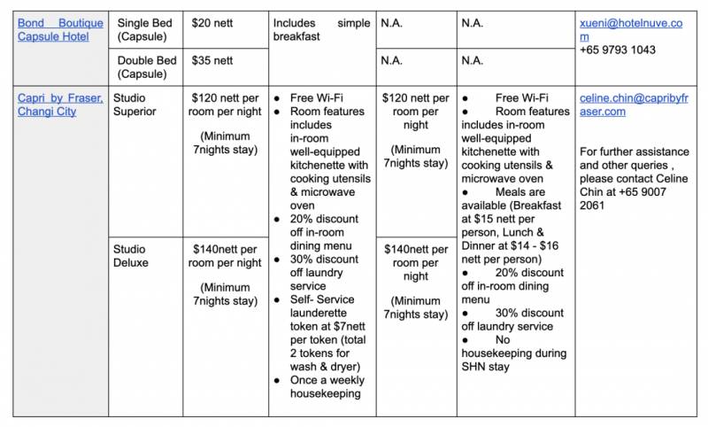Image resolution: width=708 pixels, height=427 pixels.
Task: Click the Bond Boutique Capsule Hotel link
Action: tap(60, 29)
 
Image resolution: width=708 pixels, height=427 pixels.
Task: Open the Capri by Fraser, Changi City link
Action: tap(60, 105)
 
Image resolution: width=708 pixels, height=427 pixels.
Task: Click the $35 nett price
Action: tap(213, 60)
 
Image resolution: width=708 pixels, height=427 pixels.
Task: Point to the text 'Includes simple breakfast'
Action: tap(320, 29)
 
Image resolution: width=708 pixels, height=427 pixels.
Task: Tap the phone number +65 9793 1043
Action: tap(618, 50)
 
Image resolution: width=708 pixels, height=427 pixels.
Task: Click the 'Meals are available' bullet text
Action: tap(522, 191)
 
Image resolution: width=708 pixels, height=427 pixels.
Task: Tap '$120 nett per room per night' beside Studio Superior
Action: tap(225, 105)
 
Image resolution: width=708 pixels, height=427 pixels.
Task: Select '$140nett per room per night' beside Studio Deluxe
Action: tap(225, 256)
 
